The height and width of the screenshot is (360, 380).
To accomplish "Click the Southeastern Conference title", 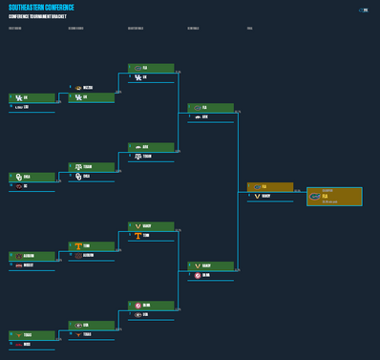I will pyautogui.click(x=41, y=8).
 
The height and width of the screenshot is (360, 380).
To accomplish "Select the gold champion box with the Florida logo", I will pyautogui.click(x=334, y=196).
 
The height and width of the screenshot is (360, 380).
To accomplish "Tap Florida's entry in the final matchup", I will pyautogui.click(x=270, y=187).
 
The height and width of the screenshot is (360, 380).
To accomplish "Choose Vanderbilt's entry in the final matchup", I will pyautogui.click(x=270, y=196).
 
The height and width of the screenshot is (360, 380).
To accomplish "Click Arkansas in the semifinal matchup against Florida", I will pyautogui.click(x=210, y=116).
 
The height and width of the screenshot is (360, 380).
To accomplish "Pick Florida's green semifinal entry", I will pyautogui.click(x=210, y=108).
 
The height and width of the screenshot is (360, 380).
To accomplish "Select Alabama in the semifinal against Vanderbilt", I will pyautogui.click(x=210, y=275).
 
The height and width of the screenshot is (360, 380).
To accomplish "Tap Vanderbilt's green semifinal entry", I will pyautogui.click(x=210, y=265).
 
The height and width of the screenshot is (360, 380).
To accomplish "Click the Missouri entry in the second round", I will pyautogui.click(x=92, y=88).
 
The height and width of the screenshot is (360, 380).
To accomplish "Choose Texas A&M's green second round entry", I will pyautogui.click(x=92, y=166).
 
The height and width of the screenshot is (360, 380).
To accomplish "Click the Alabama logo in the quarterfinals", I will pyautogui.click(x=137, y=305).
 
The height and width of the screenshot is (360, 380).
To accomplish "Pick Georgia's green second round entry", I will pyautogui.click(x=92, y=325).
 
